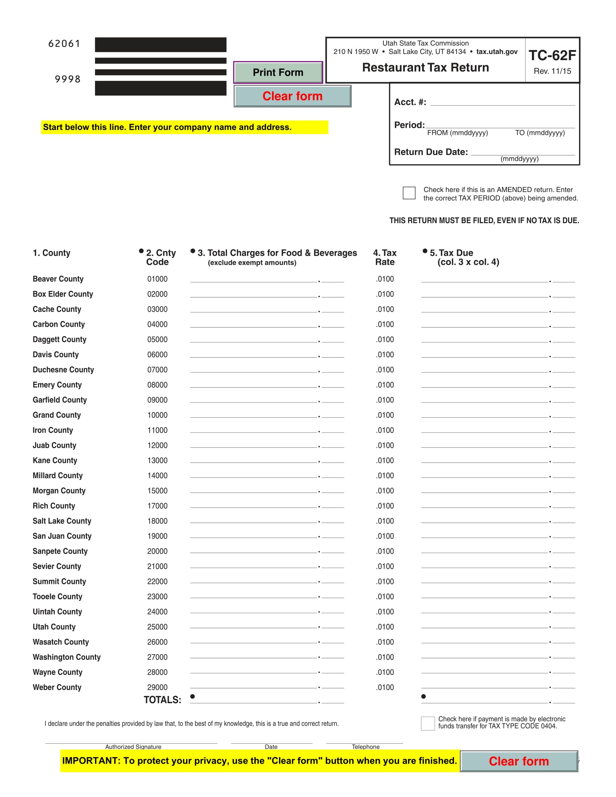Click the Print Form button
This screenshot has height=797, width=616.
click(278, 72)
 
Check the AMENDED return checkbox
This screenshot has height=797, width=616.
click(409, 193)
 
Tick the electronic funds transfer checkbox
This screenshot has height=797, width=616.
click(427, 723)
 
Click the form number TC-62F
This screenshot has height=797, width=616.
click(552, 55)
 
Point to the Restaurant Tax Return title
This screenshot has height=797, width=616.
click(425, 67)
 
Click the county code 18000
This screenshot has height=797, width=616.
click(157, 521)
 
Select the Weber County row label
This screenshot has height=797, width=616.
click(57, 687)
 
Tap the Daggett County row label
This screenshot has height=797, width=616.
click(59, 339)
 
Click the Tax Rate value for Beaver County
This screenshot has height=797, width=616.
click(385, 279)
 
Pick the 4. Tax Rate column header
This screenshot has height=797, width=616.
click(384, 257)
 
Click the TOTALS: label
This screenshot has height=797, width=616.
click(162, 700)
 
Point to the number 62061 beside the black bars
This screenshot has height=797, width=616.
click(64, 44)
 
